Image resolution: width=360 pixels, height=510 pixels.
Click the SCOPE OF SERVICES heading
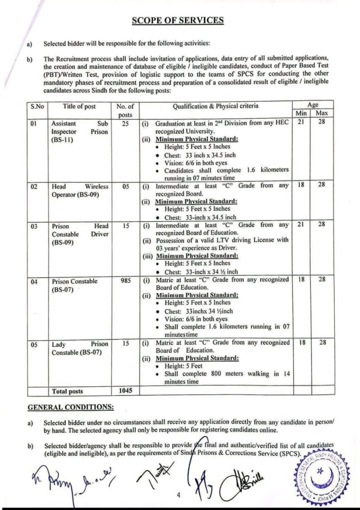click(178, 20)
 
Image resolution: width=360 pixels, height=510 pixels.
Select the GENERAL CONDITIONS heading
click(70, 407)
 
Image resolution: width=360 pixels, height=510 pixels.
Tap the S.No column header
click(36, 106)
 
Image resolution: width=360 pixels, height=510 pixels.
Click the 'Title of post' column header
click(79, 106)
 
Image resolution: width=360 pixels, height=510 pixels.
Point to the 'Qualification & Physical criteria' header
click(216, 106)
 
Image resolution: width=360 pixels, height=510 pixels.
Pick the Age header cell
click(313, 105)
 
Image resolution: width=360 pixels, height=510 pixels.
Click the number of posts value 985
click(125, 281)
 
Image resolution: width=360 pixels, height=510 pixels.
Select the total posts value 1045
click(125, 391)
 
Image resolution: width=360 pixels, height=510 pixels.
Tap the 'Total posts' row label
click(67, 391)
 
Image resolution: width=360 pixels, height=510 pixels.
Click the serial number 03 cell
click(34, 226)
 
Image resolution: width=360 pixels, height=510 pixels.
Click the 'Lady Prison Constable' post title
click(79, 348)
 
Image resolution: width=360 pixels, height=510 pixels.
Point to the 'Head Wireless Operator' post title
click(79, 190)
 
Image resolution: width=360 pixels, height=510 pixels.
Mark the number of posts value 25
click(125, 122)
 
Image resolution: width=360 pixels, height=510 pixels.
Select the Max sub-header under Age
click(321, 114)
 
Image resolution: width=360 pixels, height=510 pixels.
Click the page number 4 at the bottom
click(178, 496)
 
